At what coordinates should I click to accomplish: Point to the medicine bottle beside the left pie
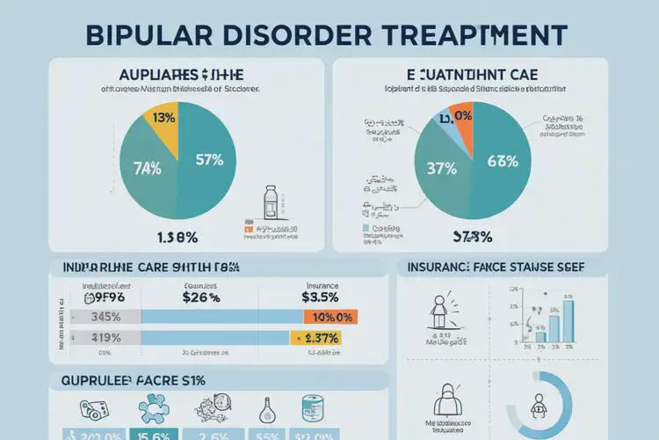(273, 203)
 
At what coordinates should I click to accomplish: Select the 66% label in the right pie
(503, 160)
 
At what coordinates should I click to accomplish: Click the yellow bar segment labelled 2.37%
(315, 338)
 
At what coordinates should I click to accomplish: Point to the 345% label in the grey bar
(105, 318)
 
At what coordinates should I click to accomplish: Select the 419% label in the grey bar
(105, 338)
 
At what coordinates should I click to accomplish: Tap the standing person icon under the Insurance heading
(438, 312)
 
